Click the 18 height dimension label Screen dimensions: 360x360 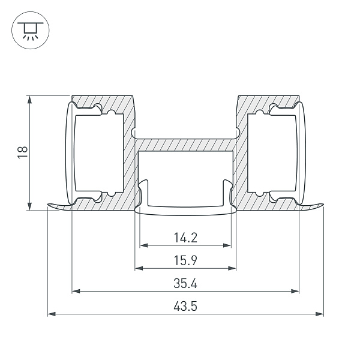point(23,152)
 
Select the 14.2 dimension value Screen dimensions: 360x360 point(185,238)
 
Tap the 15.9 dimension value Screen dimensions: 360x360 point(185,260)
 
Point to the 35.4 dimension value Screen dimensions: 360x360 point(185,283)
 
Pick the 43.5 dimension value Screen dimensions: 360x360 point(185,306)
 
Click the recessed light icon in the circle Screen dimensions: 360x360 point(31,31)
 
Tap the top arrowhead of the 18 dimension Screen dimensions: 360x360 point(29,100)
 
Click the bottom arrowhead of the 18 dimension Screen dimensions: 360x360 point(29,206)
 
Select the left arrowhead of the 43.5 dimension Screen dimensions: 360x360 point(52,314)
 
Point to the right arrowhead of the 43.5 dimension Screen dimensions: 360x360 point(319,314)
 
